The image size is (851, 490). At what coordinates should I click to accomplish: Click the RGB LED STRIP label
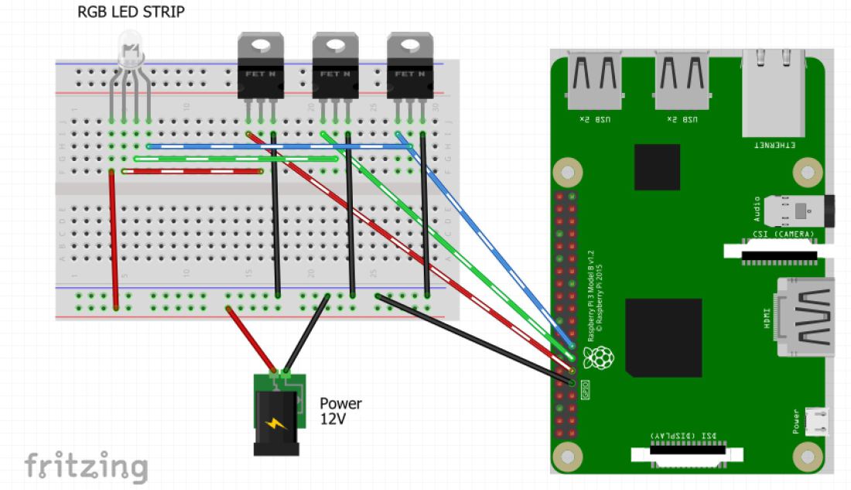131,12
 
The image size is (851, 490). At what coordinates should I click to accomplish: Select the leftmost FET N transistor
261,68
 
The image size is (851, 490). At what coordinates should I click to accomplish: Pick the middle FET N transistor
336,68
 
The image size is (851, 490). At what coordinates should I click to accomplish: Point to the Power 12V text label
340,411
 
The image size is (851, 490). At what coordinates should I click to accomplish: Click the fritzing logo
85,466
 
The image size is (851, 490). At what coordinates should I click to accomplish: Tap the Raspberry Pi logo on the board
598,358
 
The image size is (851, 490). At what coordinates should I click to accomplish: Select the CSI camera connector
778,250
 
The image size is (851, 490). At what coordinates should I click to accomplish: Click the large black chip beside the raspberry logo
663,338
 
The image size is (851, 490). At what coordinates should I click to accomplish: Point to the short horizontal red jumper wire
190,171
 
